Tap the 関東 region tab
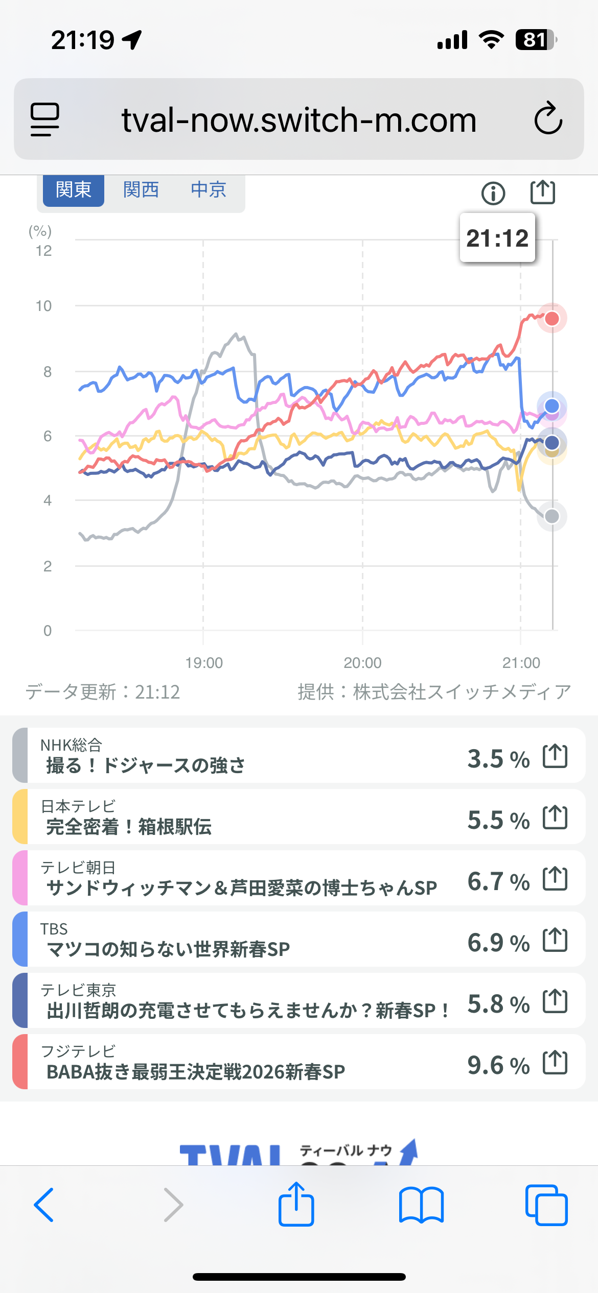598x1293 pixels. [x=74, y=190]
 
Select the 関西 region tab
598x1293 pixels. [x=141, y=190]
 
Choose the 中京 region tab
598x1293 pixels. [x=209, y=190]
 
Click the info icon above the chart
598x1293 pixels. [x=493, y=193]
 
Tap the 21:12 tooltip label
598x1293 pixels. [x=497, y=238]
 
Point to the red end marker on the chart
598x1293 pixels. [x=552, y=319]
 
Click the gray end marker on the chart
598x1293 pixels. [x=552, y=516]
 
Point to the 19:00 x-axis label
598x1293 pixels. [x=204, y=663]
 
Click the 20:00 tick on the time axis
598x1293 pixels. [x=362, y=663]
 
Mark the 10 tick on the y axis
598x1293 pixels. [x=44, y=306]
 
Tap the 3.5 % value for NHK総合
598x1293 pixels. [x=498, y=759]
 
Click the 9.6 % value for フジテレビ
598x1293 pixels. [x=498, y=1065]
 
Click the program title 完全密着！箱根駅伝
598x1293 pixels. [x=129, y=826]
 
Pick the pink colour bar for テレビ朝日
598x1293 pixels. [x=20, y=878]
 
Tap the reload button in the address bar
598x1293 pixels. [x=548, y=119]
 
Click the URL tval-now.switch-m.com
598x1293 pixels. [x=299, y=120]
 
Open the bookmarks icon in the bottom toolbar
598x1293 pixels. [x=421, y=1205]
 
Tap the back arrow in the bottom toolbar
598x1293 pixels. [x=44, y=1205]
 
